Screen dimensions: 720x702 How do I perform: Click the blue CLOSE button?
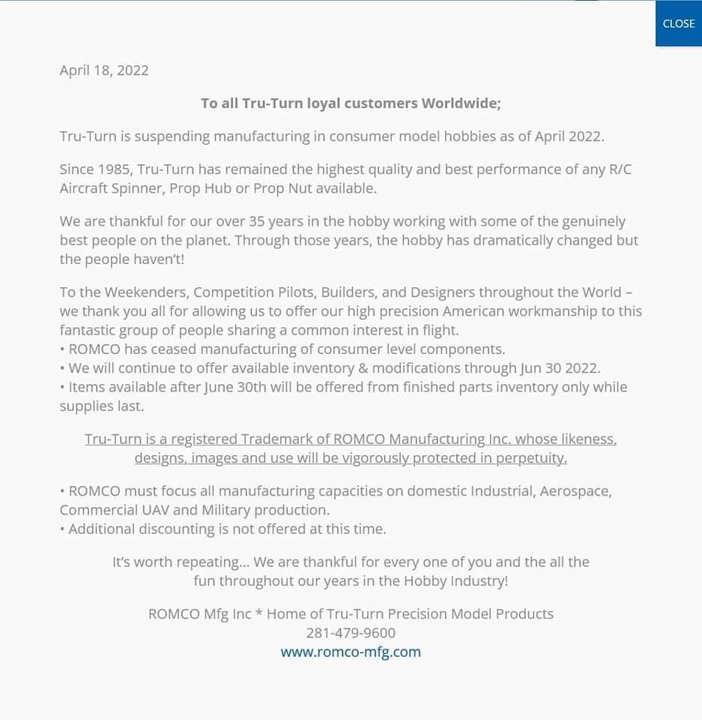pos(678,24)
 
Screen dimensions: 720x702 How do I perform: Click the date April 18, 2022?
pos(104,70)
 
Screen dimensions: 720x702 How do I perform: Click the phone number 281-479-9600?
pos(351,633)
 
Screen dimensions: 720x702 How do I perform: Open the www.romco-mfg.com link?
pos(351,652)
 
